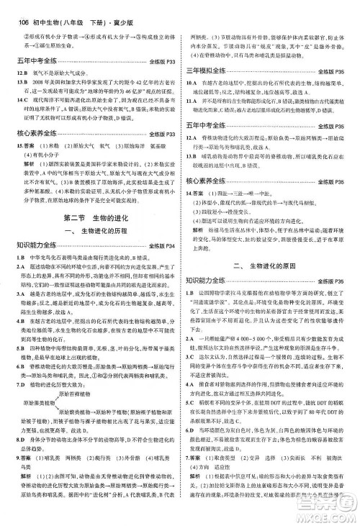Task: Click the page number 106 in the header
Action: pyautogui.click(x=15, y=7)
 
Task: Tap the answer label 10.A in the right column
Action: pyautogui.click(x=191, y=83)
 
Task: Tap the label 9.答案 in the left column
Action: pyautogui.click(x=20, y=477)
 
